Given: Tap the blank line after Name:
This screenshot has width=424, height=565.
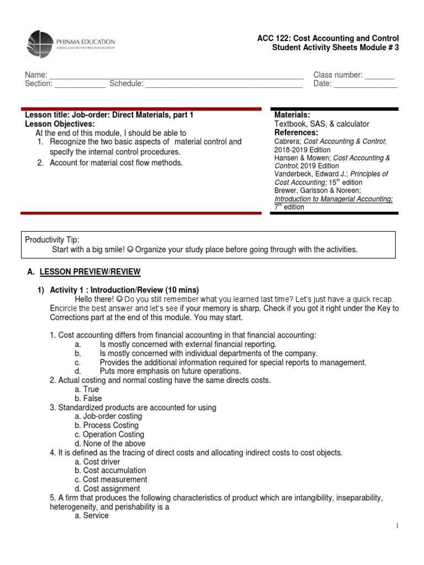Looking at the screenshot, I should pos(176,75).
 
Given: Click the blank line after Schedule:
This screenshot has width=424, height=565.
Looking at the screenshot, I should pos(224,84).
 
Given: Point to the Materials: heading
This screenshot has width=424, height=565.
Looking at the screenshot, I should pos(292,115).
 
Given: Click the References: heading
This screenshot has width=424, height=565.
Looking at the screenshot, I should pos(296,133).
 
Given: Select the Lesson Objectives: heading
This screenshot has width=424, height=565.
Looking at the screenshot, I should pos(60,124).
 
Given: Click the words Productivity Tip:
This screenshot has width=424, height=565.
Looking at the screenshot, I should pos(52,240).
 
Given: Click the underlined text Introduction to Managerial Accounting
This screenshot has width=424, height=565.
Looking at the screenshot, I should pos(333,199).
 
